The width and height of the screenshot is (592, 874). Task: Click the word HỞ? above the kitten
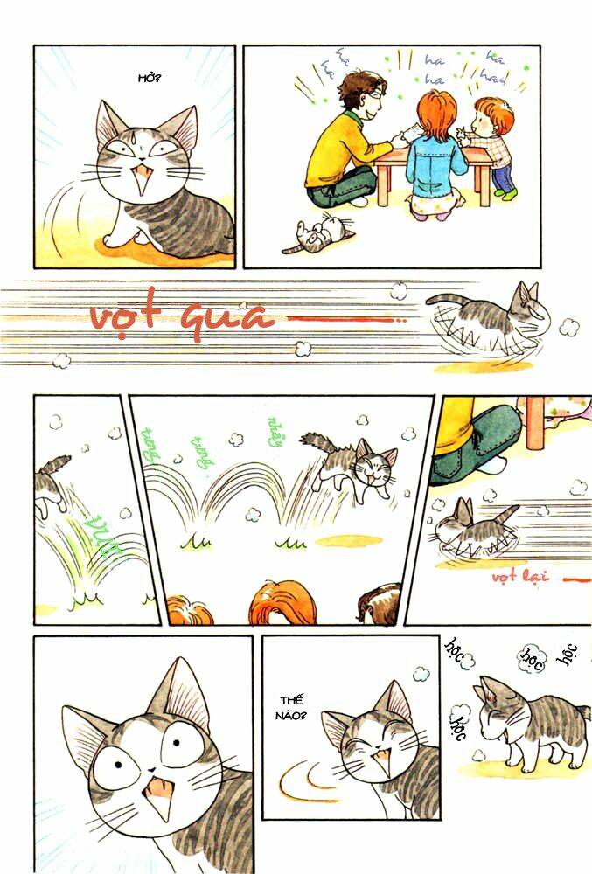tap(150, 79)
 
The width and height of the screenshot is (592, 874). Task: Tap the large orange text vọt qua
tap(181, 316)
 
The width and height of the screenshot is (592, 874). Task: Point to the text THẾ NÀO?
tap(292, 708)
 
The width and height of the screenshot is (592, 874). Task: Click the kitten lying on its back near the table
tap(318, 233)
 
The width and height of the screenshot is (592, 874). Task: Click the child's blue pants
tap(505, 178)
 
